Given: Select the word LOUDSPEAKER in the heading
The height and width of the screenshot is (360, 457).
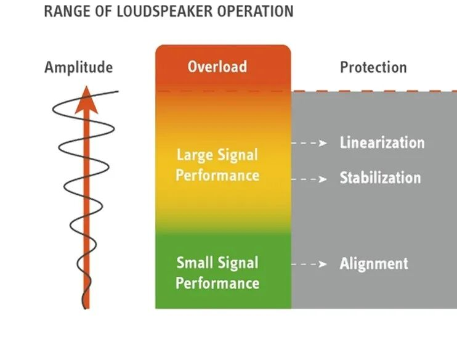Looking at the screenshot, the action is click(x=164, y=11).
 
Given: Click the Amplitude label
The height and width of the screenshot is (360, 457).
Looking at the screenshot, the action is click(x=79, y=68).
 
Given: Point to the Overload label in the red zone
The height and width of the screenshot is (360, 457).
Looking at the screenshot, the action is click(x=217, y=67).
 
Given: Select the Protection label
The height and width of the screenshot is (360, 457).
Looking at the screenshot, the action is click(x=373, y=67).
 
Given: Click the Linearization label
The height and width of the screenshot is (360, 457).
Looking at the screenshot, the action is click(x=382, y=142).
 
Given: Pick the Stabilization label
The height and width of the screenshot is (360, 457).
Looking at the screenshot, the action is click(x=381, y=178).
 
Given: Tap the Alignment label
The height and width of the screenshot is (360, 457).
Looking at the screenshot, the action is click(x=374, y=264).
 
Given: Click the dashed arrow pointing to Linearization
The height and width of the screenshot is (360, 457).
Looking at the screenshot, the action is click(x=309, y=143).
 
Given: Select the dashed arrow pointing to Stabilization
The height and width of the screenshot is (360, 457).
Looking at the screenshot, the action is click(x=309, y=179).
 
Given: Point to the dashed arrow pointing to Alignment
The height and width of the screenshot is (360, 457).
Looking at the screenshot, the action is click(x=309, y=264).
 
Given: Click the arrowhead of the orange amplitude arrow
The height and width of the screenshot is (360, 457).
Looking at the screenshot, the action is click(x=86, y=99).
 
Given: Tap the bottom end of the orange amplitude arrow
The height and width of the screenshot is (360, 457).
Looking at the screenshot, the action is click(x=86, y=308).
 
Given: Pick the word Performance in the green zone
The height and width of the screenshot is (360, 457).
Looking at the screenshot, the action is click(x=217, y=284).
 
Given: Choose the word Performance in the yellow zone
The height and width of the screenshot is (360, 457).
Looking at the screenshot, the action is click(x=217, y=175).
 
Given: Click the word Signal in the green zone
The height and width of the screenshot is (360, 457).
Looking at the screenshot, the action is click(x=238, y=263).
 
